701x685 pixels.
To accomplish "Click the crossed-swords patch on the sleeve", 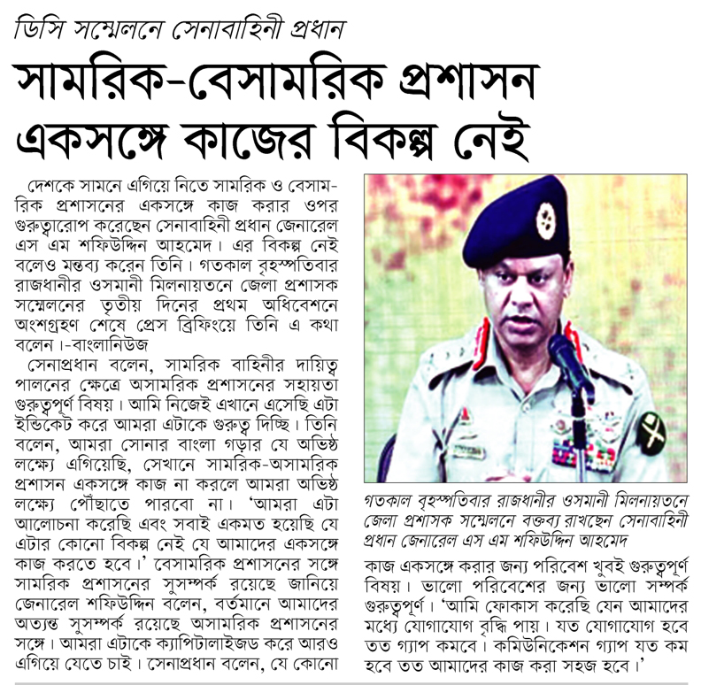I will [x=652, y=431].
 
